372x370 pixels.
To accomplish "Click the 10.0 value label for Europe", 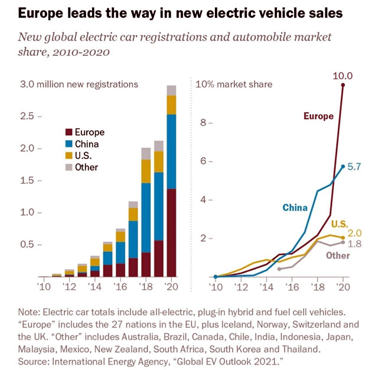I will tap(343, 75).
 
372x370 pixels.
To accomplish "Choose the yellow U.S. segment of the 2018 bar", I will tap(146, 171).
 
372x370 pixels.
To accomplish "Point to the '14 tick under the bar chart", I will tap(94, 287).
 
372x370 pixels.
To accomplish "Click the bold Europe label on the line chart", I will tap(319, 116).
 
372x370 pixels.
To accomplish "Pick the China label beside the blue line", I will tap(295, 207).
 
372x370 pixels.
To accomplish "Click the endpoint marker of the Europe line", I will tap(343, 85).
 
